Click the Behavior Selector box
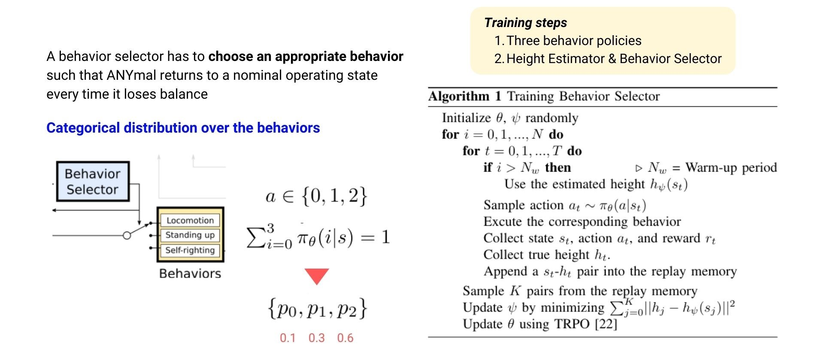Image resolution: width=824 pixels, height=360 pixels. (x=93, y=182)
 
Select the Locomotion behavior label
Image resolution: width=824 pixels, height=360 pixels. (x=190, y=221)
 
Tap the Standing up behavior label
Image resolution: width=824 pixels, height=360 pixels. (x=190, y=235)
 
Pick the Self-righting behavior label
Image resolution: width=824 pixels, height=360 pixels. (x=190, y=250)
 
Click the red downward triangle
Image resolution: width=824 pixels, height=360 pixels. (x=317, y=275)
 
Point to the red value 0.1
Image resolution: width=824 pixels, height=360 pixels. (x=288, y=338)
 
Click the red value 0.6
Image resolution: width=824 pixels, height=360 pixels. (x=345, y=338)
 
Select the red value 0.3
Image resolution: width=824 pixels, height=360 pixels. (x=316, y=338)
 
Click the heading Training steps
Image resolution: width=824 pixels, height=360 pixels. (x=525, y=23)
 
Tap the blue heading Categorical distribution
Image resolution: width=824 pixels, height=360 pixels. (x=183, y=128)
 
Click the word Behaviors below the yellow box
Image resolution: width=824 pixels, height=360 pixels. (x=190, y=274)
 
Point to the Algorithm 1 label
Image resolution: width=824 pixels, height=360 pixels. (x=465, y=96)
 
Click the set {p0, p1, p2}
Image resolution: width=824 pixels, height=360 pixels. (x=317, y=309)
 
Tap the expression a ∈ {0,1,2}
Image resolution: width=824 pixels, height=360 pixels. (x=317, y=196)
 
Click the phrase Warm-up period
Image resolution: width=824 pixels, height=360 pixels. (x=731, y=168)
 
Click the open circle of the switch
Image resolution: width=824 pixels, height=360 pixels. (x=127, y=236)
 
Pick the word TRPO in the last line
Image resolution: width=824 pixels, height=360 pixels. (x=572, y=324)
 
